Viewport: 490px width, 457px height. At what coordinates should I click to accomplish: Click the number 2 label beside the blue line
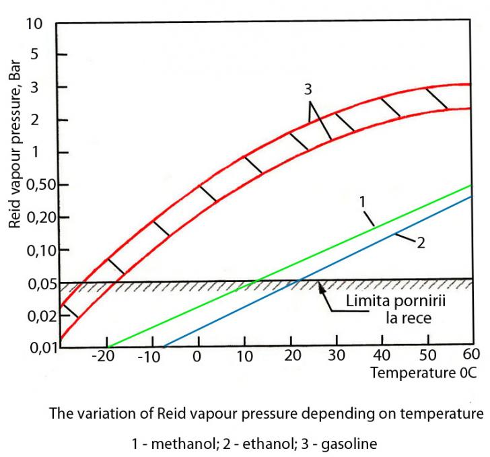tap(421, 242)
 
